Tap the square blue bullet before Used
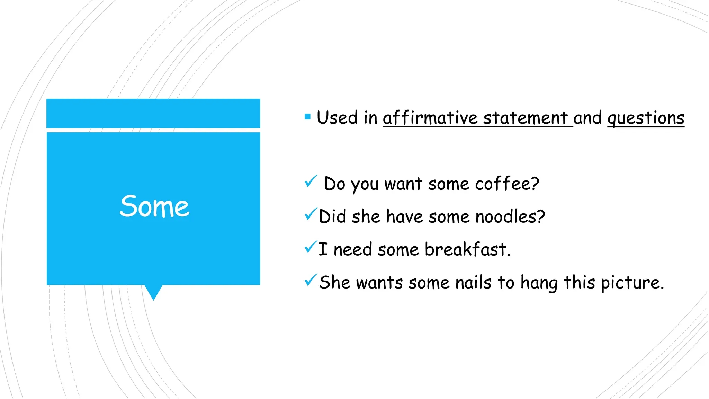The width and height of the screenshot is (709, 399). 307,117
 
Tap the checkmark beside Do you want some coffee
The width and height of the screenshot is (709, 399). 311,181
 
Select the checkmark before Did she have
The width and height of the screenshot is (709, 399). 311,214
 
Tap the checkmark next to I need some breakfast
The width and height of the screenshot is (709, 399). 311,247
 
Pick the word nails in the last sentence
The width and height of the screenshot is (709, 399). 473,282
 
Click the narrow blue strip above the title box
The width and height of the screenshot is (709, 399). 153,113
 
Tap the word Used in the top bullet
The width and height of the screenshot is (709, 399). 337,118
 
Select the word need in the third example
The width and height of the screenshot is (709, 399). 352,249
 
